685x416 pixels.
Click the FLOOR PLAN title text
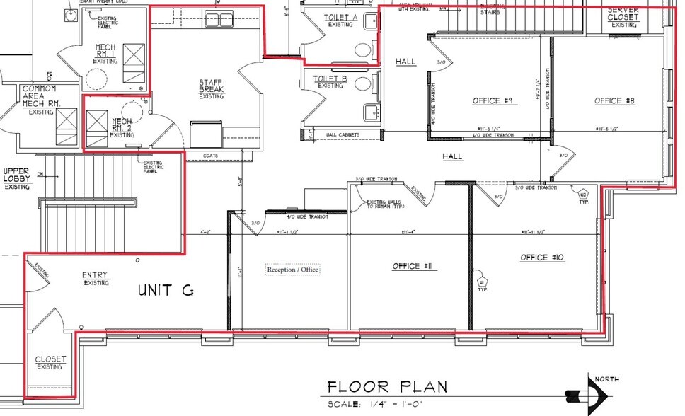pos(387,387)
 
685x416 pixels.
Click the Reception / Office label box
pos(292,270)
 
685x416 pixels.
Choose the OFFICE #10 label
pos(544,257)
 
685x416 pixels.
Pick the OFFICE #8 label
pos(615,101)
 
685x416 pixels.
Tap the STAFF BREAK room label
pos(211,87)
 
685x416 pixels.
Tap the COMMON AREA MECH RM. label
pos(40,96)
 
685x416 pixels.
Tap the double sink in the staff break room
pos(219,19)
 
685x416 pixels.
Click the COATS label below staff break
pos(210,156)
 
